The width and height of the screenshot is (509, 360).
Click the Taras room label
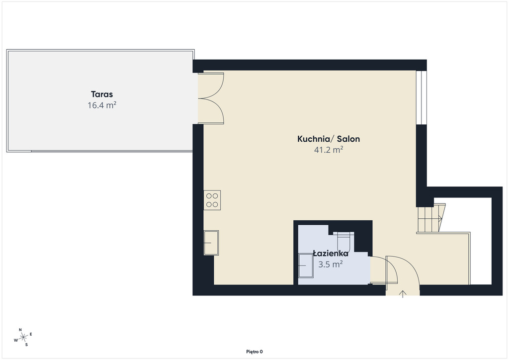pos(102,94)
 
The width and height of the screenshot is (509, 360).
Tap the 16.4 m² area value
pos(102,105)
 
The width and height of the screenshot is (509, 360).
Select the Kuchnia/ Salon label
pos(329,139)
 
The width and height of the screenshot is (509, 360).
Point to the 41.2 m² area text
pos(329,150)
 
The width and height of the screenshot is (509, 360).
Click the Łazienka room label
pos(331,253)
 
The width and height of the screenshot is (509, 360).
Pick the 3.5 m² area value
pos(331,264)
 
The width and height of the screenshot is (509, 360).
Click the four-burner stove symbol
pos(212,200)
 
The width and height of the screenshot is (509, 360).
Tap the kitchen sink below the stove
pos(211,243)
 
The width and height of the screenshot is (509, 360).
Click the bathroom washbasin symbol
pos(306,266)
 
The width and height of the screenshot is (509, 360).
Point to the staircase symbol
pos(431,218)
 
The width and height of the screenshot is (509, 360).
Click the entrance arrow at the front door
pos(403,294)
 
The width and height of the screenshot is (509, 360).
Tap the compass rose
pos(23,338)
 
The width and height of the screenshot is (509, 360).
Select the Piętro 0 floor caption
pos(254,352)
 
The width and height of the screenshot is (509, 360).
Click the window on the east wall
pos(421,97)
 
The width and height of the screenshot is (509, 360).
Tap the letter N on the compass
pos(20,330)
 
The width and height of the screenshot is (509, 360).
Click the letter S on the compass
pos(27,345)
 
